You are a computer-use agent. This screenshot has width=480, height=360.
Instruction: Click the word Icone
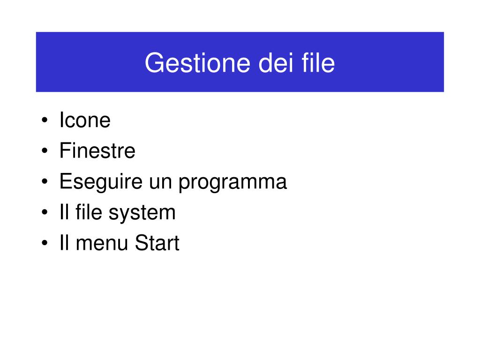[x=85, y=120]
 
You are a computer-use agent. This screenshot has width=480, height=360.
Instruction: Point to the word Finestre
[x=97, y=150]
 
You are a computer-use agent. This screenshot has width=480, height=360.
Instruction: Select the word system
[x=142, y=214]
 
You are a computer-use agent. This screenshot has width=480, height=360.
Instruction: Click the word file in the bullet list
[x=89, y=212]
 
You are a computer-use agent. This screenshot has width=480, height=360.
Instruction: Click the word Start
[x=157, y=243]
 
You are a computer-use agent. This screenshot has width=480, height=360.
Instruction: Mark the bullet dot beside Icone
[x=45, y=120]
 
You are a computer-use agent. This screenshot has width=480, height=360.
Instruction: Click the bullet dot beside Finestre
[x=45, y=150]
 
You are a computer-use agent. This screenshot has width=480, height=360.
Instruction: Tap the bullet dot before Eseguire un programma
[x=45, y=181]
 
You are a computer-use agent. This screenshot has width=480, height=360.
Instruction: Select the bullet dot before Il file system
[x=45, y=212]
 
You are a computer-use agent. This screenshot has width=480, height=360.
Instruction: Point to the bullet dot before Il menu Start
[x=45, y=243]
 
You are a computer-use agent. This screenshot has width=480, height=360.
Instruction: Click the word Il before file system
[x=64, y=212]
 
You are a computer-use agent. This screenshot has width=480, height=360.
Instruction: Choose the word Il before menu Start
[x=64, y=243]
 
